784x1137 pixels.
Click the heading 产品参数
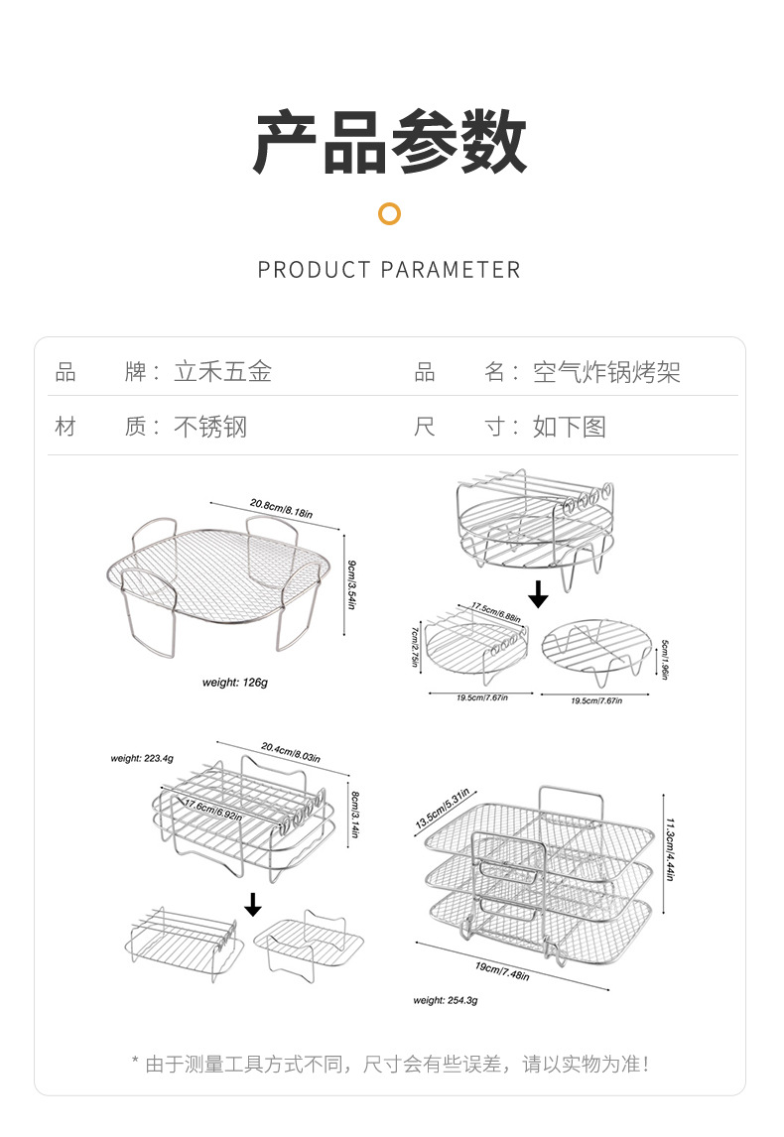(x=390, y=144)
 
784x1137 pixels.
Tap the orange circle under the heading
(x=390, y=213)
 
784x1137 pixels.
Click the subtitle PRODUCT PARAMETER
(x=389, y=270)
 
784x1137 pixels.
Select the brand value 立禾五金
(x=222, y=372)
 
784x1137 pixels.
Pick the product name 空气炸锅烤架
(x=606, y=372)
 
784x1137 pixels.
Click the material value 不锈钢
(x=210, y=427)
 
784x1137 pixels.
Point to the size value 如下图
(x=569, y=427)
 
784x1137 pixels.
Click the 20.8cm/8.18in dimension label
(x=281, y=508)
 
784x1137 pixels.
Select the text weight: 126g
(x=235, y=683)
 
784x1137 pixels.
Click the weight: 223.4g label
(x=142, y=758)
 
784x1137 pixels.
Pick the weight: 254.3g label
(x=446, y=1000)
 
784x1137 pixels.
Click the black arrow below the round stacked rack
(x=538, y=594)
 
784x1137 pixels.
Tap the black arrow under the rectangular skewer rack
(x=253, y=904)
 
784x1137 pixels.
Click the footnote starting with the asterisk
(x=390, y=1065)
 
